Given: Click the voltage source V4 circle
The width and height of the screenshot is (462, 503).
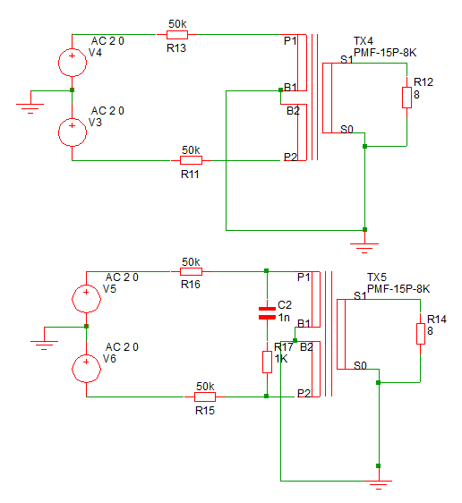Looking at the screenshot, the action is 73,63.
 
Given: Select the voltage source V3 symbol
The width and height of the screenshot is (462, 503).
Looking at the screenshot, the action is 73,132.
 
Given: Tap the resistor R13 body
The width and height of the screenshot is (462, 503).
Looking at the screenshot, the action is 177,34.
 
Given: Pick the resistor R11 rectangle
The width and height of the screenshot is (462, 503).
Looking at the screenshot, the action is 191,160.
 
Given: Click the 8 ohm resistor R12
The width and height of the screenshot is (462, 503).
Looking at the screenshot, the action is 406,98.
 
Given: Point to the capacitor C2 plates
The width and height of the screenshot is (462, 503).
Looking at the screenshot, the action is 267,313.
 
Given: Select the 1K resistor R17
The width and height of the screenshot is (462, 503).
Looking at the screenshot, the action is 267,362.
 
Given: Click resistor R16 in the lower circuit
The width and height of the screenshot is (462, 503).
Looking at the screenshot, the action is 191,272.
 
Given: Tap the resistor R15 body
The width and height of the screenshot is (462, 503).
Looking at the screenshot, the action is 205,396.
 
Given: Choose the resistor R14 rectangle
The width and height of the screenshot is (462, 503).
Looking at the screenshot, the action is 421,334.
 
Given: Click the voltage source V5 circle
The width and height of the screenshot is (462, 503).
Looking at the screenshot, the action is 86,299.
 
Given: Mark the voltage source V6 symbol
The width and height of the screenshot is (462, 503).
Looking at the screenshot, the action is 86,369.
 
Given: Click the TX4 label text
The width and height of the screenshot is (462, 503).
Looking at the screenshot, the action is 364,41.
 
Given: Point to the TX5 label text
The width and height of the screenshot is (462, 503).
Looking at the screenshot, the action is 377,277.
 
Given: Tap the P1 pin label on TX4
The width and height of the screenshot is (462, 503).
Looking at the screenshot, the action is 290,41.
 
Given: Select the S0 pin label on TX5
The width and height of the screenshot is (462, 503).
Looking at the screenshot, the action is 360,366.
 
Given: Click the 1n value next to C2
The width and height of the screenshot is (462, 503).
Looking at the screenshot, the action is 284,318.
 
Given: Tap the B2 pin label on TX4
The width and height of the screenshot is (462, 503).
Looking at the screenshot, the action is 293,111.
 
